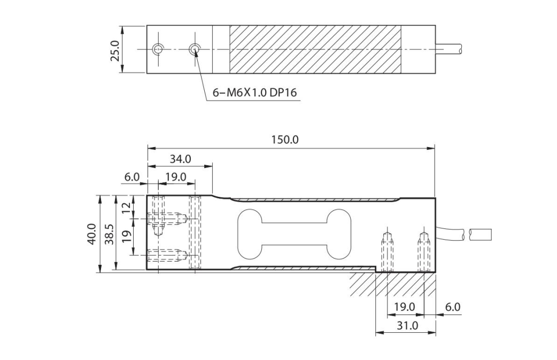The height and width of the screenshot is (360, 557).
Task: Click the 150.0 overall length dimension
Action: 284,140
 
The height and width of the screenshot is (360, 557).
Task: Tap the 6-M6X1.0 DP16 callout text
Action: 255,93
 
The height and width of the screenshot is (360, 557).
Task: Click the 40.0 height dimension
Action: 92,234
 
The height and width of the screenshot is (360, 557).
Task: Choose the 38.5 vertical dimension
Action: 109,234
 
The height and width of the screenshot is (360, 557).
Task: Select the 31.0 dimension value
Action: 406,325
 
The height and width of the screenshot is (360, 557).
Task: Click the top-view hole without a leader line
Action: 157,49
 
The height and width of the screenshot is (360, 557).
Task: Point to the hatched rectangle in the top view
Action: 315,49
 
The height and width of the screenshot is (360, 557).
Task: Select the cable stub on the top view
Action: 449,49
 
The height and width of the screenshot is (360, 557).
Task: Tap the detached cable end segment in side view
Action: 479,234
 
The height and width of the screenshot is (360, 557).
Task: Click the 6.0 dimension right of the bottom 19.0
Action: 452,307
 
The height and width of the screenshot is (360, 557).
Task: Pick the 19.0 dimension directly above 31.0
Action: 405,307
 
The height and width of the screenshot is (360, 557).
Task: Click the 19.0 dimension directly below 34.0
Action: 175,177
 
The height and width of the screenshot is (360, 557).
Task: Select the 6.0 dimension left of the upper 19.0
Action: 131,177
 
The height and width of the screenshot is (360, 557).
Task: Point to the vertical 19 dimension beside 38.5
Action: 126,235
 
